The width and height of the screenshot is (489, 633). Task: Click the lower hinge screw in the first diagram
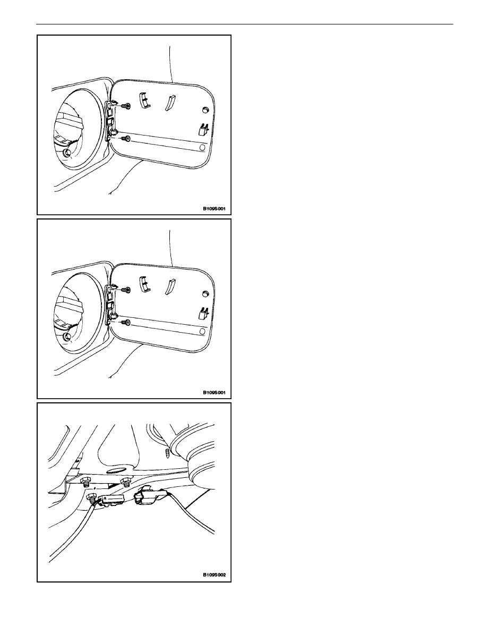126,139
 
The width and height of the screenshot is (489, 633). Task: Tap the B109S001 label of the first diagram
214,209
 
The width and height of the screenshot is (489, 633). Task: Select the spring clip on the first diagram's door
202,129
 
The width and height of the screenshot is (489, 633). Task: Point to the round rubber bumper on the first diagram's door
205,110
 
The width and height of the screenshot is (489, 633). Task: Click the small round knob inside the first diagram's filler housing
67,153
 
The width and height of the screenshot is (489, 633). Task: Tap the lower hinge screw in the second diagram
126,322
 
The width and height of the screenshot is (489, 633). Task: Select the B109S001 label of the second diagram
214,392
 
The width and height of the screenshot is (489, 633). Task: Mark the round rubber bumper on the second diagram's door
205,293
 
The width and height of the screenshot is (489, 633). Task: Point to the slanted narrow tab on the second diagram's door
169,286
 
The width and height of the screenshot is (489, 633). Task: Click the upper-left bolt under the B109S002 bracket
85,482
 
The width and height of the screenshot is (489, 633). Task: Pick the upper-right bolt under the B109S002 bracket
126,481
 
